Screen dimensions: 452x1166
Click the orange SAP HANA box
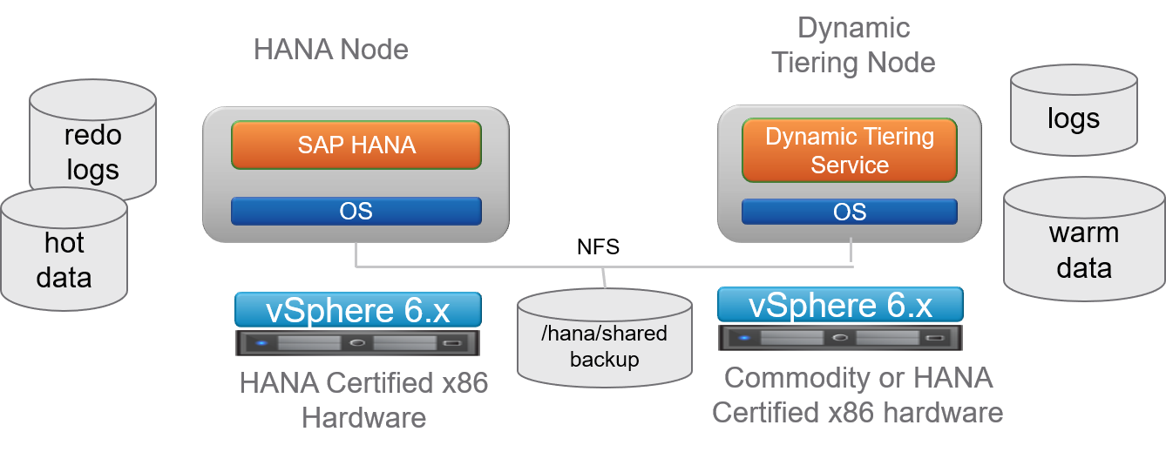click(356, 145)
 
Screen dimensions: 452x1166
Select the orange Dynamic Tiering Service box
click(850, 151)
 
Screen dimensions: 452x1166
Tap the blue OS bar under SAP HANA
click(356, 211)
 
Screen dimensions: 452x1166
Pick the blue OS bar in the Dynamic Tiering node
click(850, 212)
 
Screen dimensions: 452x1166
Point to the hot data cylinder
click(64, 253)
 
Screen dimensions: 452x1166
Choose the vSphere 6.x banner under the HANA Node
click(358, 310)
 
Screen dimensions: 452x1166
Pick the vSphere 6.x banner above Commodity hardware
click(840, 305)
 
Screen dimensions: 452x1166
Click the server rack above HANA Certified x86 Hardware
click(358, 342)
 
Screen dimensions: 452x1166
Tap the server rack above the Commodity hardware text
click(840, 337)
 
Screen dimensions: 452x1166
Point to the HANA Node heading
click(331, 49)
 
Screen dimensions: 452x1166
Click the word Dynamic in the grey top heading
click(854, 28)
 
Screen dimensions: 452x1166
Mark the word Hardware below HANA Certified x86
click(363, 417)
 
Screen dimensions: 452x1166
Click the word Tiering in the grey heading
click(819, 63)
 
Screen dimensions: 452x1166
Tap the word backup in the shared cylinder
click(605, 360)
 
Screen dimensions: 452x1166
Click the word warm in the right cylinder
click(1083, 233)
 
